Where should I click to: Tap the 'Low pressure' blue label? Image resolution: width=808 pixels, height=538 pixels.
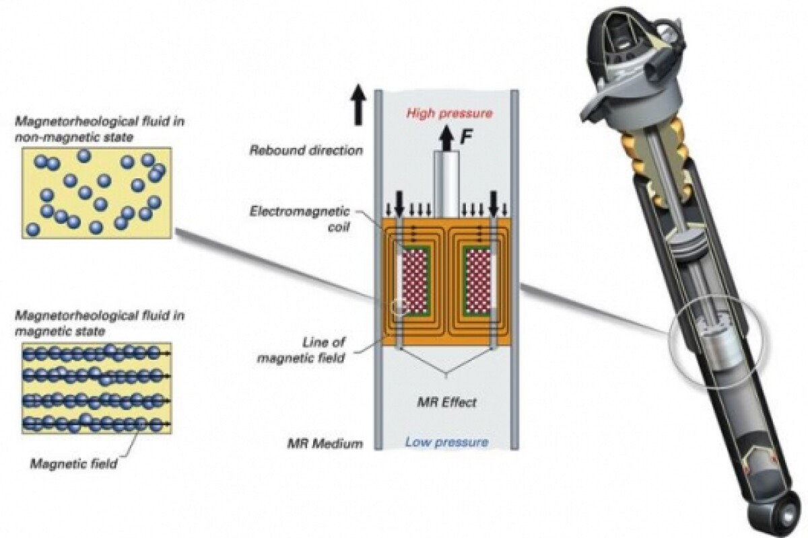[446, 442]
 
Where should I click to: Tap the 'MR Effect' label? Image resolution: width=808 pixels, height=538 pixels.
[446, 402]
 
